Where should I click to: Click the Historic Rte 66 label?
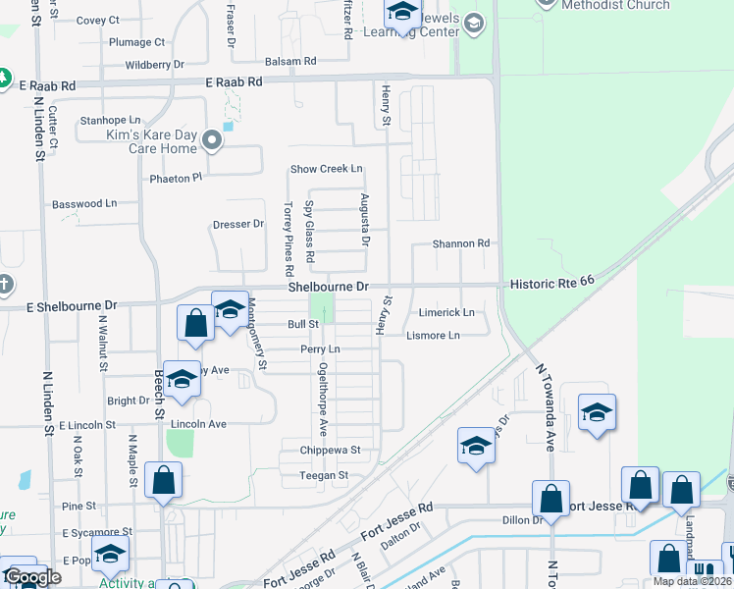[x=552, y=282]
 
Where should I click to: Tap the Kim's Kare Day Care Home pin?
[x=213, y=142]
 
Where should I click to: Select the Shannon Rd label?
[x=461, y=243]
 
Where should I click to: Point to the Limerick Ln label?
[x=447, y=313]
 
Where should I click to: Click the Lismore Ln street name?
[x=433, y=336]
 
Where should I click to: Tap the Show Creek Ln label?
[x=326, y=169]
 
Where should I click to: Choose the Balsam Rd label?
[x=296, y=61]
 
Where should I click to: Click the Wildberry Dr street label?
[x=155, y=65]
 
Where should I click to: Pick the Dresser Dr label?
[x=238, y=224]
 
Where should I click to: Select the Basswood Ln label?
[x=84, y=204]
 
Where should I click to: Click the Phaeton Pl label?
[x=176, y=178]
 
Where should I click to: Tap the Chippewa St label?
[x=331, y=451]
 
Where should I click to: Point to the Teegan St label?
[x=324, y=476]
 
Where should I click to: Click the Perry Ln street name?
[x=320, y=349]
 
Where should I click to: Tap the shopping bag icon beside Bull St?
[x=195, y=323]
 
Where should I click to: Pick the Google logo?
[x=31, y=577]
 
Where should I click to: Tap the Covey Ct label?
[x=97, y=20]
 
